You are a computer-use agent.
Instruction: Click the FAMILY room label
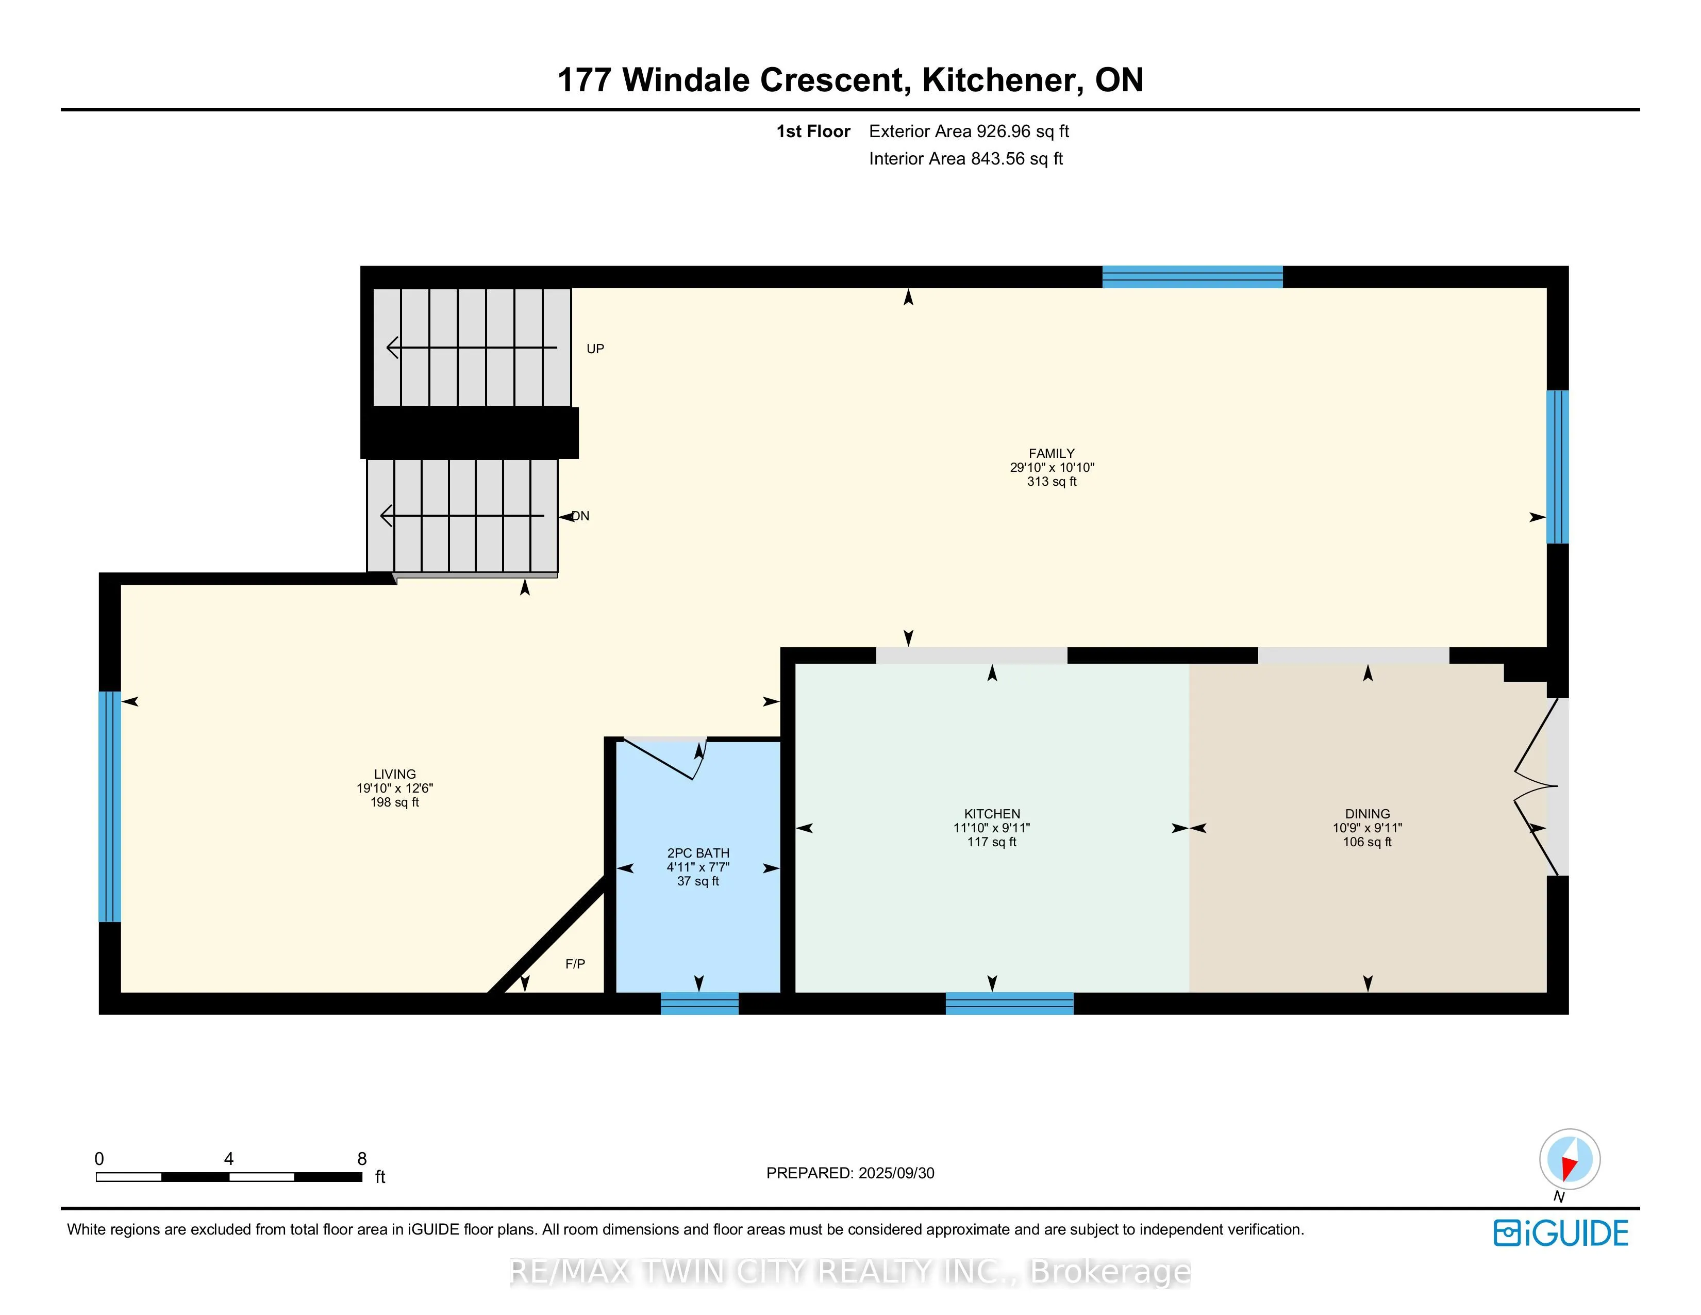1052,453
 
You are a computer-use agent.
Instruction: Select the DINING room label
1367,814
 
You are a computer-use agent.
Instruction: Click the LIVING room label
395,775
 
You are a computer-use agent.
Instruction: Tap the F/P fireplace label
575,964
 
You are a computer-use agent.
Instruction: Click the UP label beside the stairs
595,349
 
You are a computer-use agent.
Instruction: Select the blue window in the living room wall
110,807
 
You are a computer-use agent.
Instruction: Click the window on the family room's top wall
1192,276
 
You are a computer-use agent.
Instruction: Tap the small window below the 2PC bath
699,1004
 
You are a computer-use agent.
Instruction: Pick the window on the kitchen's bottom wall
1009,1004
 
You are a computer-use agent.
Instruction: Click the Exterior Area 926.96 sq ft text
969,131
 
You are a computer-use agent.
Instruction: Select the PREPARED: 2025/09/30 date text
851,1173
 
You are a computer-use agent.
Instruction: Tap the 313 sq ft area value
1052,482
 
